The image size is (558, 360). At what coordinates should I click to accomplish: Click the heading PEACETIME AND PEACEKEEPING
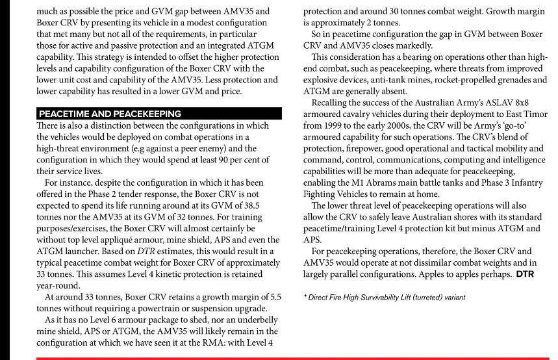point(110,114)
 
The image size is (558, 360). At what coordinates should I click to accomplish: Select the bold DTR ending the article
point(525,274)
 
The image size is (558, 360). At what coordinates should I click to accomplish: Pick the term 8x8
point(518,103)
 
